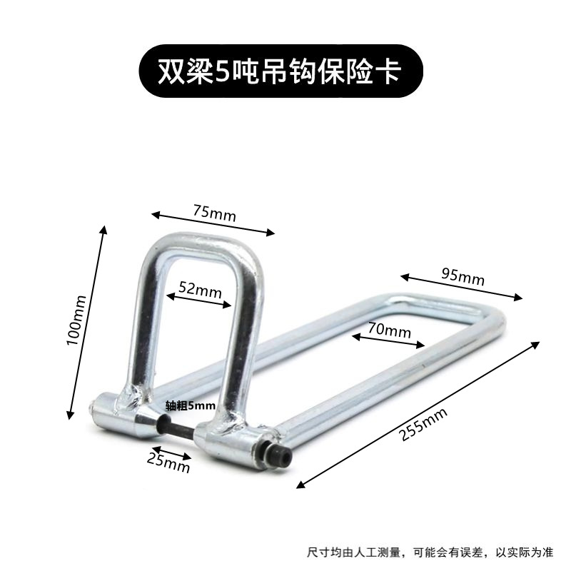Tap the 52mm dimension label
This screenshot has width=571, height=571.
[200, 290]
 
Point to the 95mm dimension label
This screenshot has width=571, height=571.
[463, 276]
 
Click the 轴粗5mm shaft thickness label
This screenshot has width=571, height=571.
[190, 405]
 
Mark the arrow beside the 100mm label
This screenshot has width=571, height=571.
[87, 321]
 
